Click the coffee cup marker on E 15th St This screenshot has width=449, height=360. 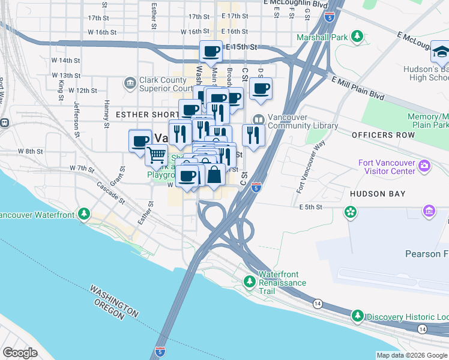[x=211, y=52]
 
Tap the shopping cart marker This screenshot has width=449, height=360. [x=157, y=154]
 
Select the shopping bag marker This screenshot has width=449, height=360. [x=214, y=175]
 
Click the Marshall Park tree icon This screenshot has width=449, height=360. [x=357, y=37]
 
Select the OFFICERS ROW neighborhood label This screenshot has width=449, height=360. [x=384, y=135]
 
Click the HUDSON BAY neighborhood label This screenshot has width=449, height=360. [x=377, y=194]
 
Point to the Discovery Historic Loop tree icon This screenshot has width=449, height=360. [x=357, y=316]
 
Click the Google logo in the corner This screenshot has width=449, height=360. [x=20, y=353]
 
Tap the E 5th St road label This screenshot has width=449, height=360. [x=311, y=207]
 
